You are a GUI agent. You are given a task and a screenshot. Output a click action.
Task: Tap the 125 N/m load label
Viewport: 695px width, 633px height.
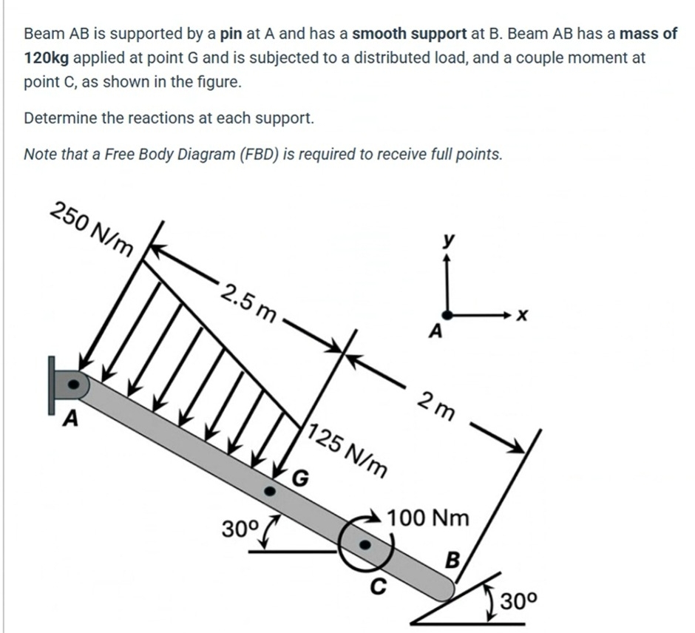[x=347, y=450]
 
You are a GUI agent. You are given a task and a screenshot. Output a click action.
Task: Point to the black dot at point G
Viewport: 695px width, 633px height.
[x=271, y=490]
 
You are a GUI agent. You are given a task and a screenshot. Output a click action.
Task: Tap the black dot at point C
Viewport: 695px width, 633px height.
[x=365, y=544]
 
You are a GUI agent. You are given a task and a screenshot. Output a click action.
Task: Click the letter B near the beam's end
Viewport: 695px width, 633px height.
[x=452, y=558]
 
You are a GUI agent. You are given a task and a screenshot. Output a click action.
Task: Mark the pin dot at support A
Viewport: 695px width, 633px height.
[x=73, y=385]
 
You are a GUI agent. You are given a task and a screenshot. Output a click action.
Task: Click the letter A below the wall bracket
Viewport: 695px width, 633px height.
[x=70, y=419]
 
